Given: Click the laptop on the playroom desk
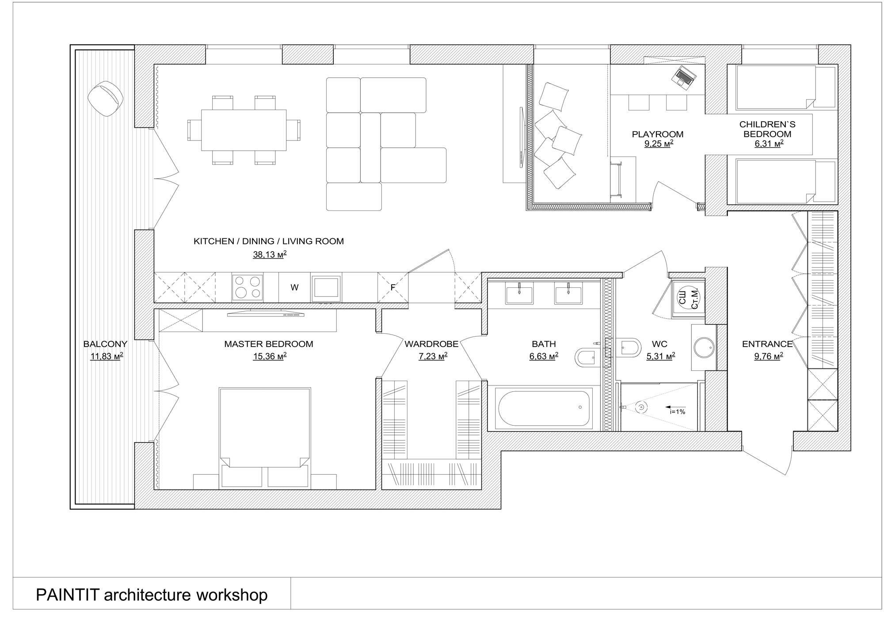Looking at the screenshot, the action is coord(684,78).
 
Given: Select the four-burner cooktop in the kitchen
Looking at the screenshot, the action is coord(248,287).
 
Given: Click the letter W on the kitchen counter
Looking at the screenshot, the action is coord(294,287).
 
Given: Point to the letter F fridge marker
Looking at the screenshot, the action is coord(392,287).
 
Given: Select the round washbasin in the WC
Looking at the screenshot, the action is coord(704,347).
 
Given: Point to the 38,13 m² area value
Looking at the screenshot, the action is coord(270,254).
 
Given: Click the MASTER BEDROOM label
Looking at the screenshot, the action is coord(269,344).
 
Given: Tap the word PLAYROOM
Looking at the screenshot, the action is coord(658,134).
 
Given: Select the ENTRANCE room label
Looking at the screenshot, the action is coord(767,344).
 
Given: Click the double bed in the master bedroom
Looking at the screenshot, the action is coord(265,438).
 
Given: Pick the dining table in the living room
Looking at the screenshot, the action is coord(244,130).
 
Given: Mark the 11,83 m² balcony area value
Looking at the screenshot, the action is coord(107,356).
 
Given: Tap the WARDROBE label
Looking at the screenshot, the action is coord(431,344).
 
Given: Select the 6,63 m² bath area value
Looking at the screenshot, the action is coord(544,356).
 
